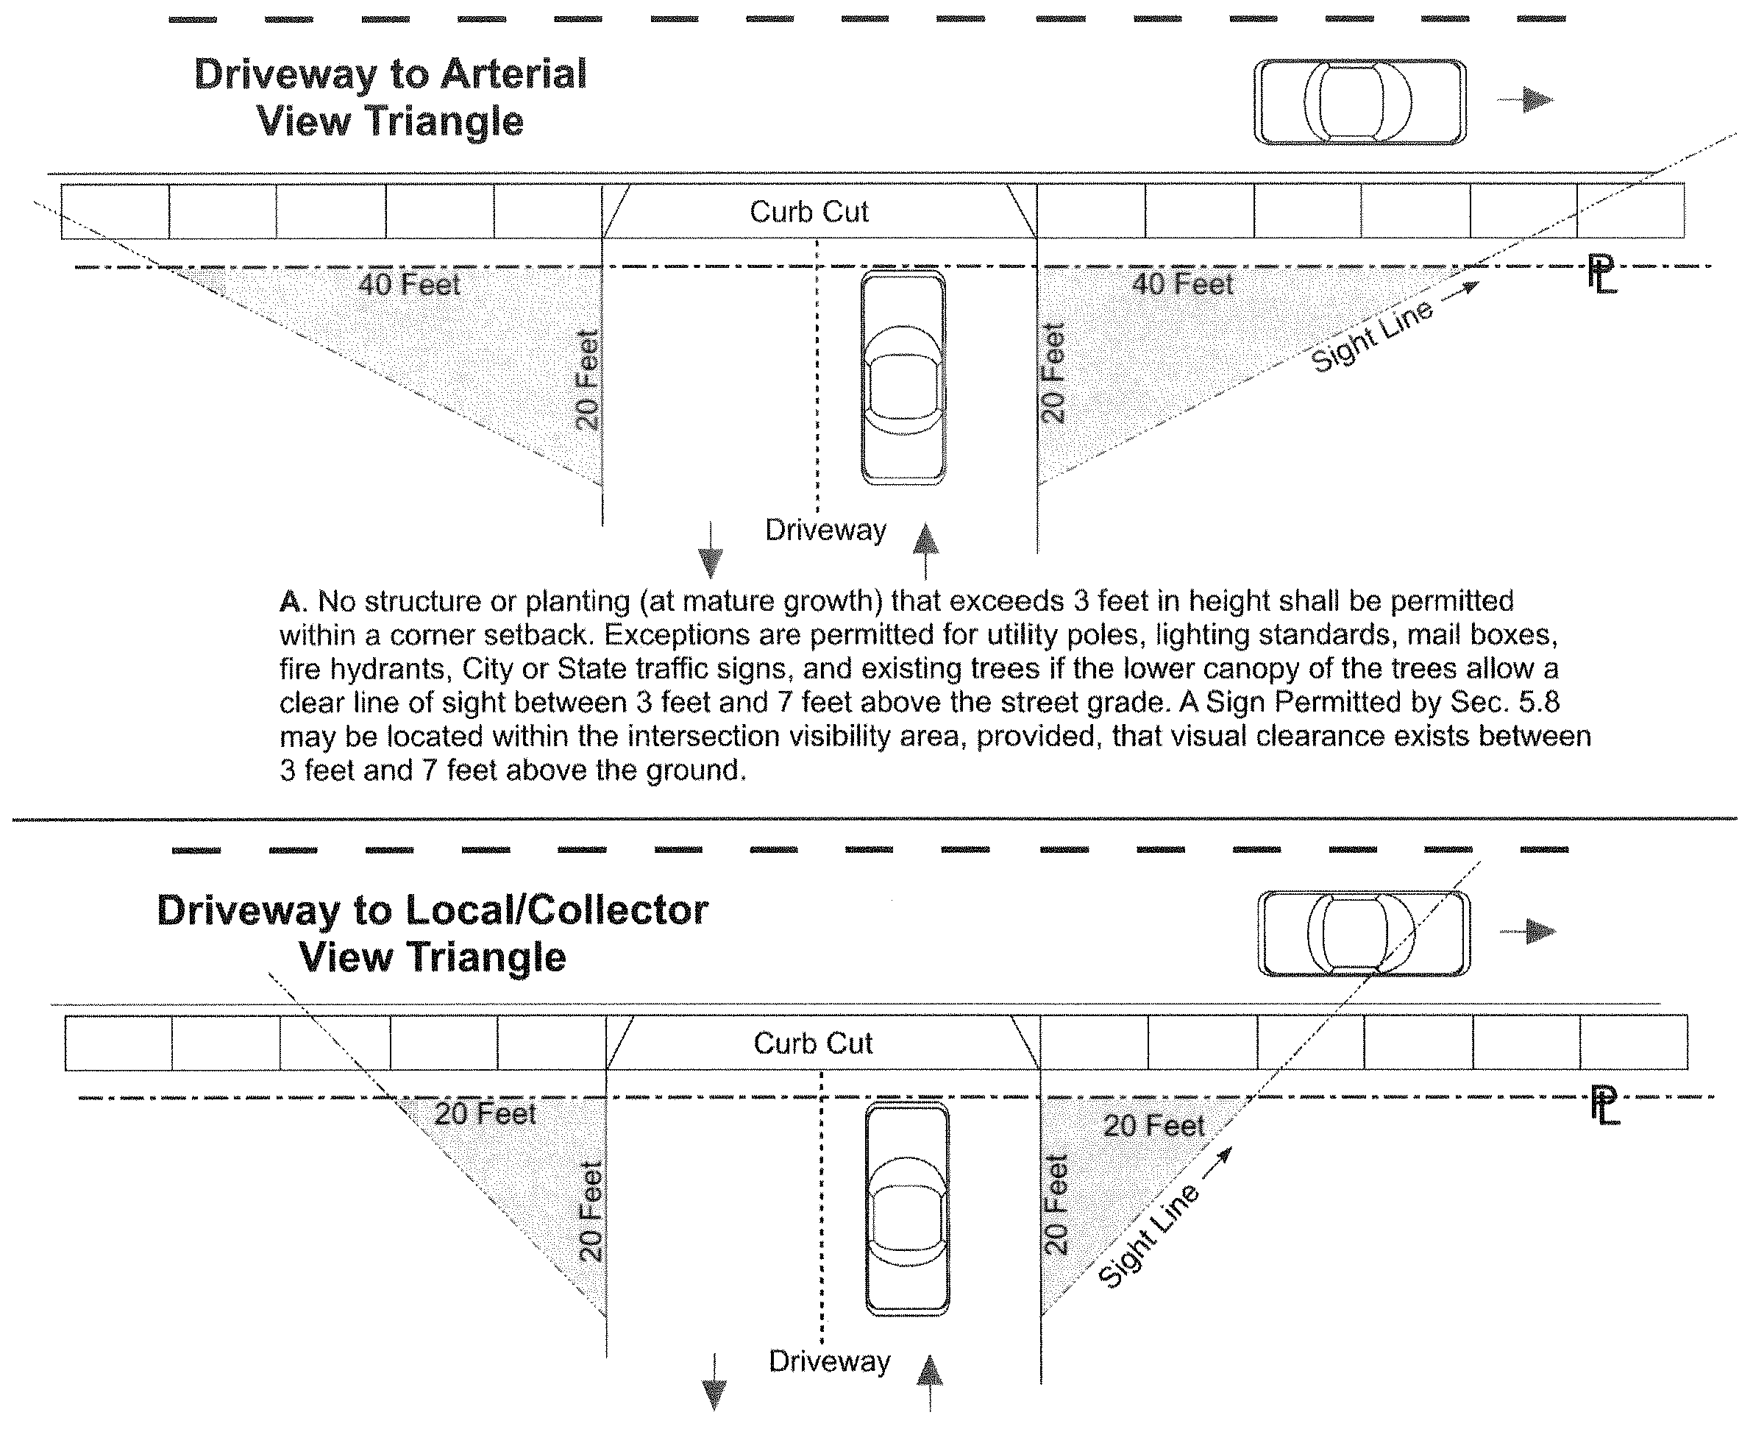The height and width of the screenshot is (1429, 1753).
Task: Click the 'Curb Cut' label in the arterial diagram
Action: click(808, 213)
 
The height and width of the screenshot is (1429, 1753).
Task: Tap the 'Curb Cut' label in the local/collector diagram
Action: click(812, 1043)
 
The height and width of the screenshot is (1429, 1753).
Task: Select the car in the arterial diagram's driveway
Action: click(903, 377)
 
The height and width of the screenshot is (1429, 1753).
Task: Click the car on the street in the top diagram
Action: click(1359, 102)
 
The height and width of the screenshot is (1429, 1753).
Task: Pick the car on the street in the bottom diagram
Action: click(1364, 934)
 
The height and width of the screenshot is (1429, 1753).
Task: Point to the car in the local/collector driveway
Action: click(907, 1209)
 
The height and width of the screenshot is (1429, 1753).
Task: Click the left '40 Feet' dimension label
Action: click(409, 285)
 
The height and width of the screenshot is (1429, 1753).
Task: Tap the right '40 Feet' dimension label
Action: click(1182, 284)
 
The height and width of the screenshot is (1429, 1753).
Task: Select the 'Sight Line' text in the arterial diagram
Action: click(1371, 335)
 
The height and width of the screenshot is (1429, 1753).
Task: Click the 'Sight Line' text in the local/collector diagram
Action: click(1149, 1237)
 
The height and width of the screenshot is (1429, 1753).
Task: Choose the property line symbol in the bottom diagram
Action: click(1604, 1105)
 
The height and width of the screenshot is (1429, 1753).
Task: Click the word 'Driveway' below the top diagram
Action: click(825, 530)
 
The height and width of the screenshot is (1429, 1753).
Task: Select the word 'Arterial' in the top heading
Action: click(513, 74)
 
